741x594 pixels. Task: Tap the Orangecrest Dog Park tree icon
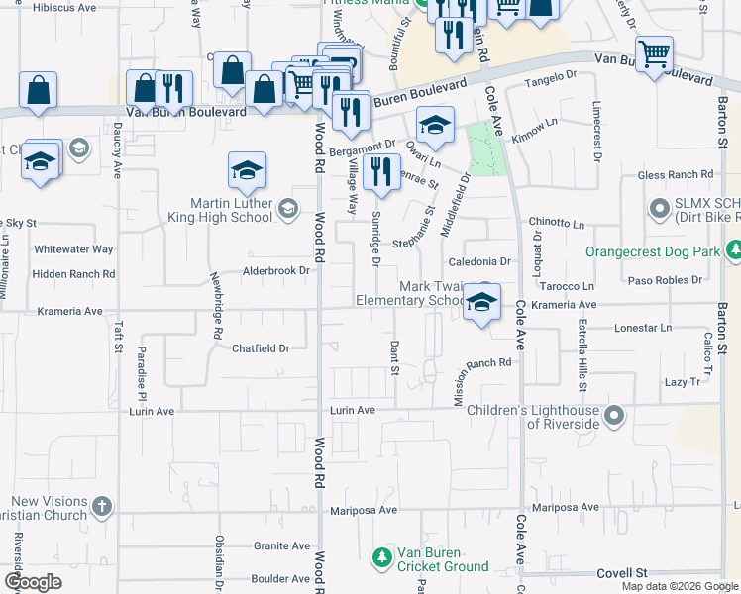coord(733,251)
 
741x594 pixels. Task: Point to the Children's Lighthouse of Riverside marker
coord(615,416)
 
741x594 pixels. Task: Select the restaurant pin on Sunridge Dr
coord(381,172)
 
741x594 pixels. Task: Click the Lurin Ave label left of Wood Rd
coord(152,410)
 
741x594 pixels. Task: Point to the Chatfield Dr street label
coord(261,348)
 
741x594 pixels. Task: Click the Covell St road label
coord(622,573)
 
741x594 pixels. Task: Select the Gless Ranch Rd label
coord(676,175)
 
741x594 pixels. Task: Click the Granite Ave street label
coord(282,545)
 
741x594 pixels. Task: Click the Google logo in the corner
coord(34,582)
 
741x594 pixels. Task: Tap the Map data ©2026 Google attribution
coord(679,586)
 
